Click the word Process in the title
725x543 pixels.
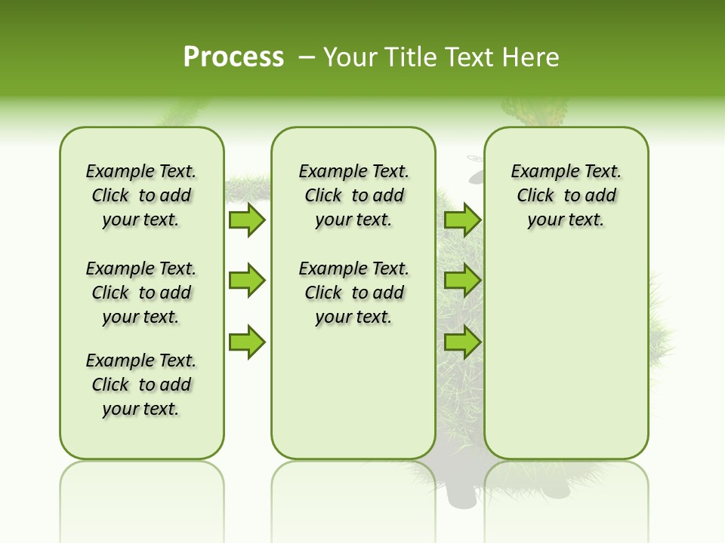(x=233, y=57)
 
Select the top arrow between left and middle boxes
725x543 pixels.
(x=247, y=219)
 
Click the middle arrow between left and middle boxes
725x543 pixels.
(x=247, y=281)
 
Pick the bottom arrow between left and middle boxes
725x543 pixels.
(x=247, y=342)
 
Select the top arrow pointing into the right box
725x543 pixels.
(x=462, y=219)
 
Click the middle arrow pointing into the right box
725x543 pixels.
(x=462, y=281)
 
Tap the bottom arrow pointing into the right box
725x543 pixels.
(x=462, y=342)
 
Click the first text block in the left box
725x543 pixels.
(x=141, y=195)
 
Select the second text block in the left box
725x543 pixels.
(x=141, y=293)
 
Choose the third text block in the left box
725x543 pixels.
(x=141, y=385)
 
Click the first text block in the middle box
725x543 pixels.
(x=353, y=195)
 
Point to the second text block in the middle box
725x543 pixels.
(x=353, y=293)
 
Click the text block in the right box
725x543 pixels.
(x=566, y=195)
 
